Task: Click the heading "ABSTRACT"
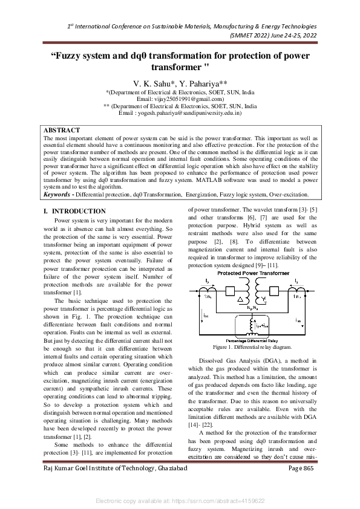click(x=62, y=130)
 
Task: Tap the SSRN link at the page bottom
click(x=180, y=501)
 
